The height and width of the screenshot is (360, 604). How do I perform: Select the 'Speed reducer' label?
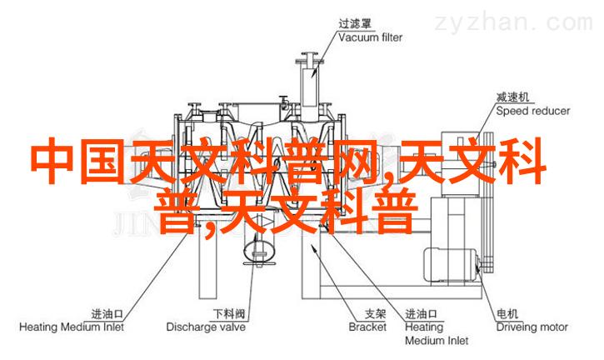533,110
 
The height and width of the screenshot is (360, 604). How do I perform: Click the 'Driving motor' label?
533,327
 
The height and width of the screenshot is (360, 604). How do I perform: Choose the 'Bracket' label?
369,327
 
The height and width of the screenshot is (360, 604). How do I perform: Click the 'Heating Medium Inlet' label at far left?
71,327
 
